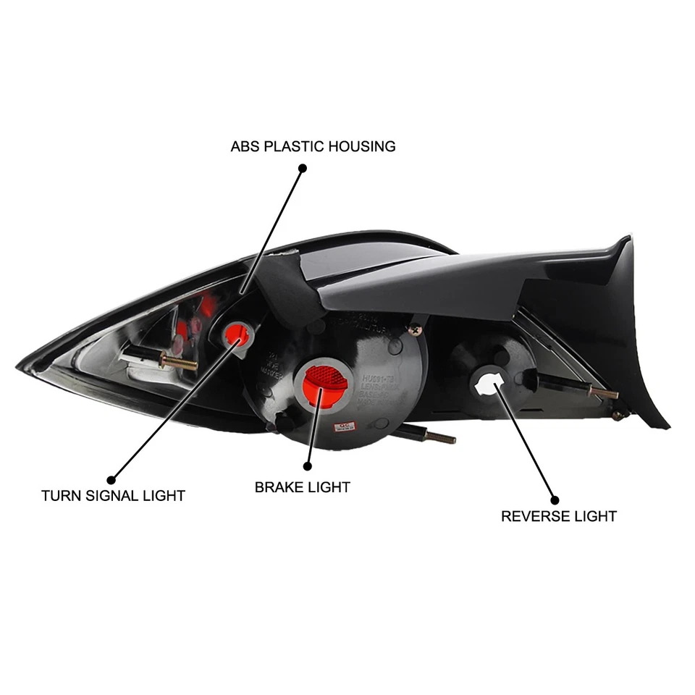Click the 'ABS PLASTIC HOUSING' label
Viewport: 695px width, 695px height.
tap(313, 146)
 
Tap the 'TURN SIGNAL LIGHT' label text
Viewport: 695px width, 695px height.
tap(113, 496)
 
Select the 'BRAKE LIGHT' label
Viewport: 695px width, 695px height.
tap(302, 487)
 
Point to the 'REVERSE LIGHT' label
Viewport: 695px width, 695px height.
tap(558, 516)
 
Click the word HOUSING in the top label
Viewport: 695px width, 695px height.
tap(362, 146)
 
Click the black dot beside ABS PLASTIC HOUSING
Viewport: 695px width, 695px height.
tap(303, 168)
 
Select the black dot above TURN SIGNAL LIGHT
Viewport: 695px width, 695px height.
tap(111, 479)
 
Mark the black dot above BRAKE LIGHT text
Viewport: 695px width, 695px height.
tap(307, 467)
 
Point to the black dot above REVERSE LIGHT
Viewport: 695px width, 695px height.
tap(555, 500)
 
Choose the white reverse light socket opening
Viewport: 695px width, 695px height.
tap(487, 381)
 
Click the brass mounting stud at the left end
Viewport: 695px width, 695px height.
tap(177, 361)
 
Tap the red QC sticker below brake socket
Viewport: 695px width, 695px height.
tap(340, 427)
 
